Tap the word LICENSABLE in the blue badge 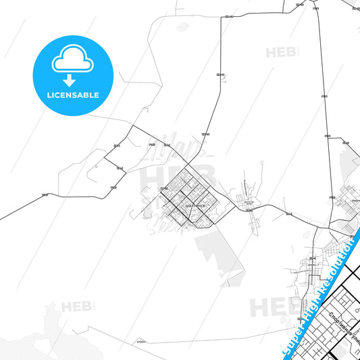71,95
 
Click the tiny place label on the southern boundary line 139,341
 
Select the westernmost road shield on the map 45,195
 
